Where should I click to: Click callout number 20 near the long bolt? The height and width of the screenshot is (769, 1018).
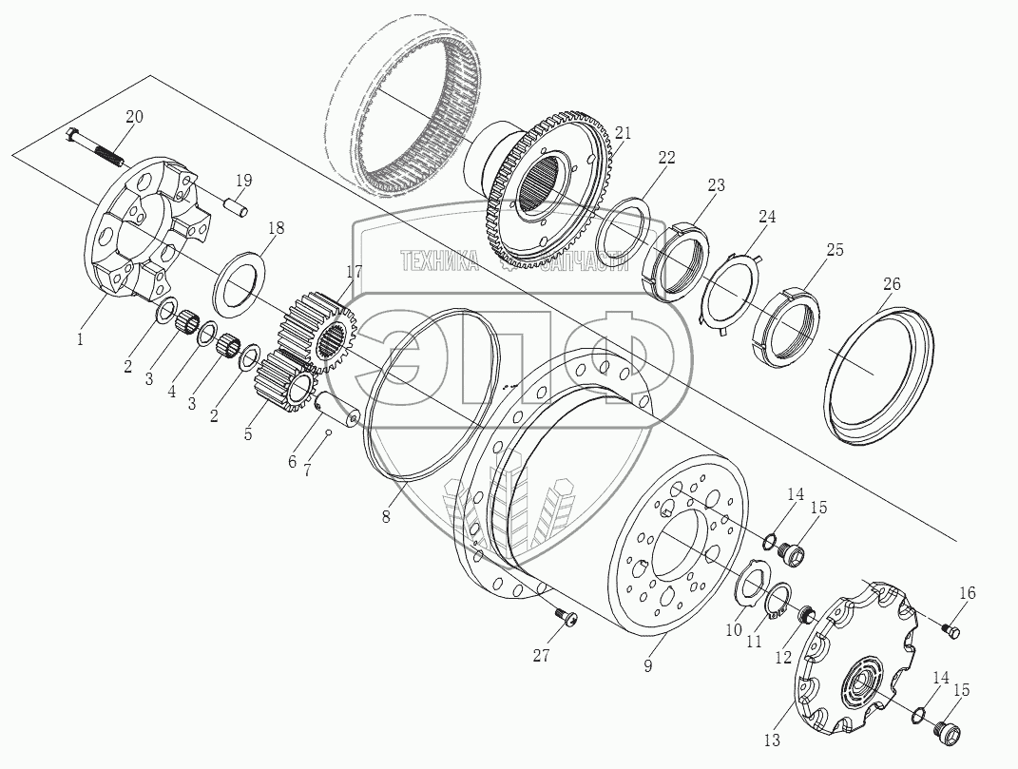coord(134,117)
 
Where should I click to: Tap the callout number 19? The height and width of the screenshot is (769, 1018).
coord(244,181)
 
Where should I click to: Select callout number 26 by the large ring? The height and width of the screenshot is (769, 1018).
coord(892,284)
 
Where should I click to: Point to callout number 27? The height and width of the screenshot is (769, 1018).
coord(542,656)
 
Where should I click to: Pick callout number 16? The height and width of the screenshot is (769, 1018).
coord(966,593)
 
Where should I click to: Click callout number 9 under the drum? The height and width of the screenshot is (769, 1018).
coord(646,666)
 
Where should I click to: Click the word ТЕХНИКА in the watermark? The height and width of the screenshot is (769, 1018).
coord(439,261)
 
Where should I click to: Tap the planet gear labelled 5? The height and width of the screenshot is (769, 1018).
coord(285,384)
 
